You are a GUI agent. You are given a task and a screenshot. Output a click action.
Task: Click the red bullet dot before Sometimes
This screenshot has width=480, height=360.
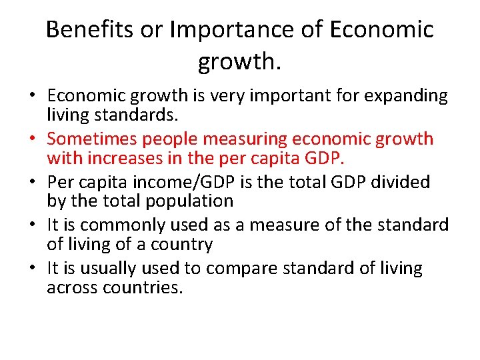31,139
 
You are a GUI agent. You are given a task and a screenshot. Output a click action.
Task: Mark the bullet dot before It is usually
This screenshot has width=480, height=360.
31,269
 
